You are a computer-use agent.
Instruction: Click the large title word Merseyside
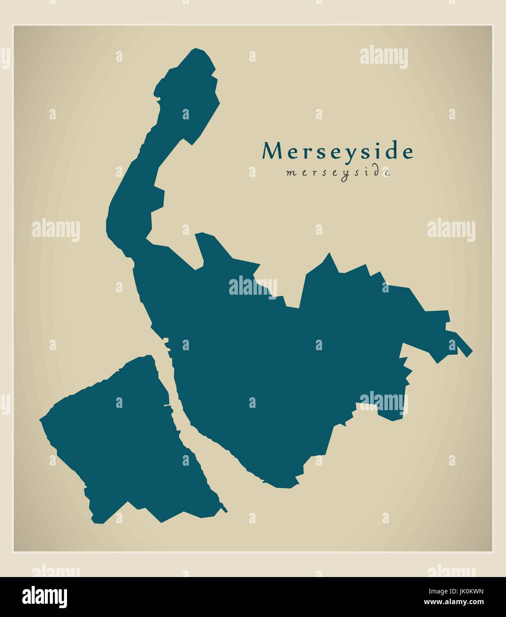pos(338,152)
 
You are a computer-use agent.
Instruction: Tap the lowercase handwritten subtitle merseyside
pos(338,172)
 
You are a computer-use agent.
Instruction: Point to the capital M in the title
pos(272,151)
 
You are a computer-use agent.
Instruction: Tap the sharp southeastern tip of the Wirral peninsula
pos(225,510)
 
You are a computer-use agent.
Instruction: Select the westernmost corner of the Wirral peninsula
pos(41,419)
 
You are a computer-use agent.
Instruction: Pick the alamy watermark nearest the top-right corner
pos(383,58)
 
